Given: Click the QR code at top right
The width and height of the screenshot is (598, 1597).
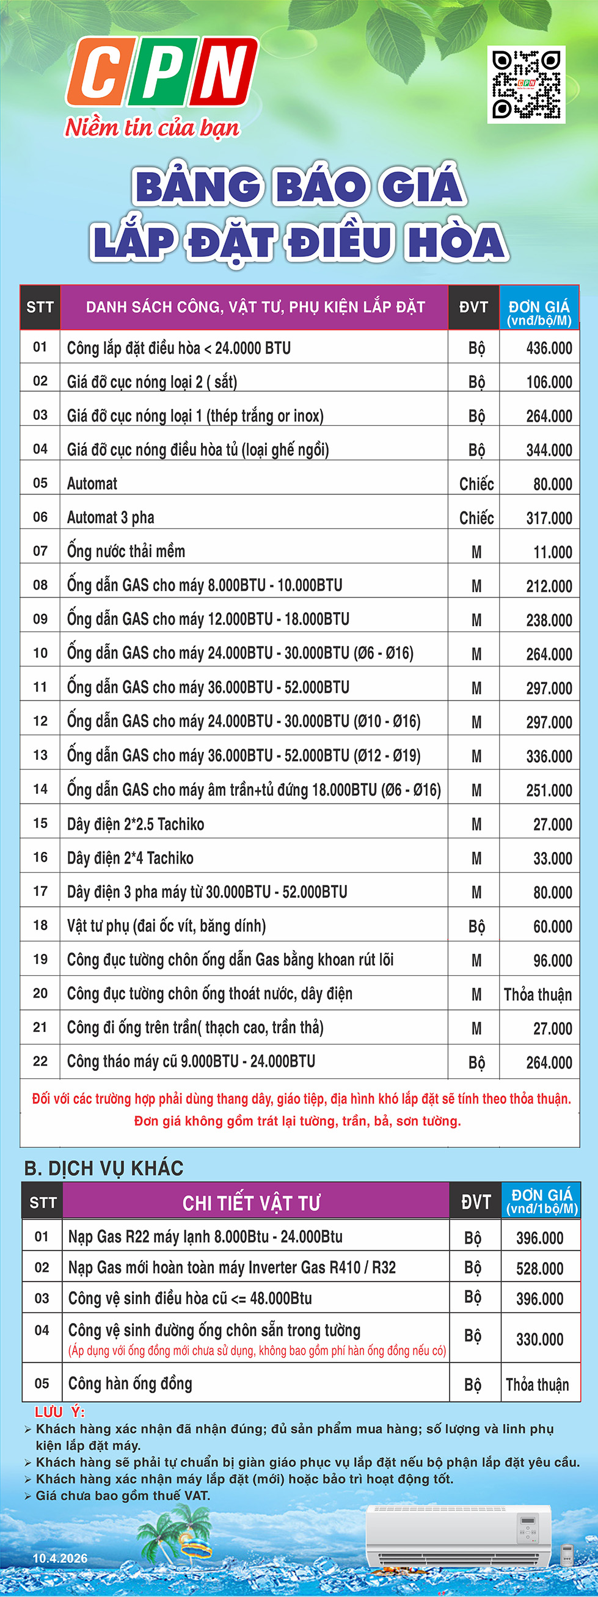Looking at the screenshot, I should [x=526, y=84].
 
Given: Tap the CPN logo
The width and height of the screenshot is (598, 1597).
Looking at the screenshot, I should [x=162, y=72].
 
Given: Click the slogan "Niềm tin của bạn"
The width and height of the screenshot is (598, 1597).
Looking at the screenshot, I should [x=152, y=128].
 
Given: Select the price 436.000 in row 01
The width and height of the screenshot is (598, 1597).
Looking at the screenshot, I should [x=549, y=348].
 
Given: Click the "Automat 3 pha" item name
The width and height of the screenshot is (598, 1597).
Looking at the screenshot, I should [x=111, y=517].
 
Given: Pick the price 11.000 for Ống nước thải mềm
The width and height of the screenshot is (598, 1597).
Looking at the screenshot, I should [x=552, y=552].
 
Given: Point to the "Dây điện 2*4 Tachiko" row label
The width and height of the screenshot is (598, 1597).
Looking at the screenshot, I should [x=130, y=858].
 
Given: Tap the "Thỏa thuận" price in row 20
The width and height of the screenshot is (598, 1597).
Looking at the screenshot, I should [x=537, y=995].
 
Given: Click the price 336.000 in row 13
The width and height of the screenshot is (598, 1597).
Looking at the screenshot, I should [x=549, y=756].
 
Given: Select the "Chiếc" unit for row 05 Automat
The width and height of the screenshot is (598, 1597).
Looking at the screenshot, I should [x=476, y=484].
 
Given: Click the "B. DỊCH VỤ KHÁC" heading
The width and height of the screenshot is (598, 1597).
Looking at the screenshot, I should [x=104, y=1169].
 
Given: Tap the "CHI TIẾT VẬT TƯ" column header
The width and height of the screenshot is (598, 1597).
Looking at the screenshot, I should [x=251, y=1203].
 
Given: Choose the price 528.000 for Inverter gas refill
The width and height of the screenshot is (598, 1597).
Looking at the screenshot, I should [x=539, y=1269].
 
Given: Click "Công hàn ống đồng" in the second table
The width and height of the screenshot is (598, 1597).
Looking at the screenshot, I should [x=129, y=1384].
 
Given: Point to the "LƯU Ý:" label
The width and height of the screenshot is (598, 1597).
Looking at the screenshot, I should [x=59, y=1411].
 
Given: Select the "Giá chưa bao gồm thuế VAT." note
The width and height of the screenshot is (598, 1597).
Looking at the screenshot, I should [x=123, y=1495].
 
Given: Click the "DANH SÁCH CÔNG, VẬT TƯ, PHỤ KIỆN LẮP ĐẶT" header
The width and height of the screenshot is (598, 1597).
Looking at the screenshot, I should [x=255, y=308].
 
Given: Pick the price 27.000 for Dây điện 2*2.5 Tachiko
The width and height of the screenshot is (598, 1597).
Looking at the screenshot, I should [x=552, y=824].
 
